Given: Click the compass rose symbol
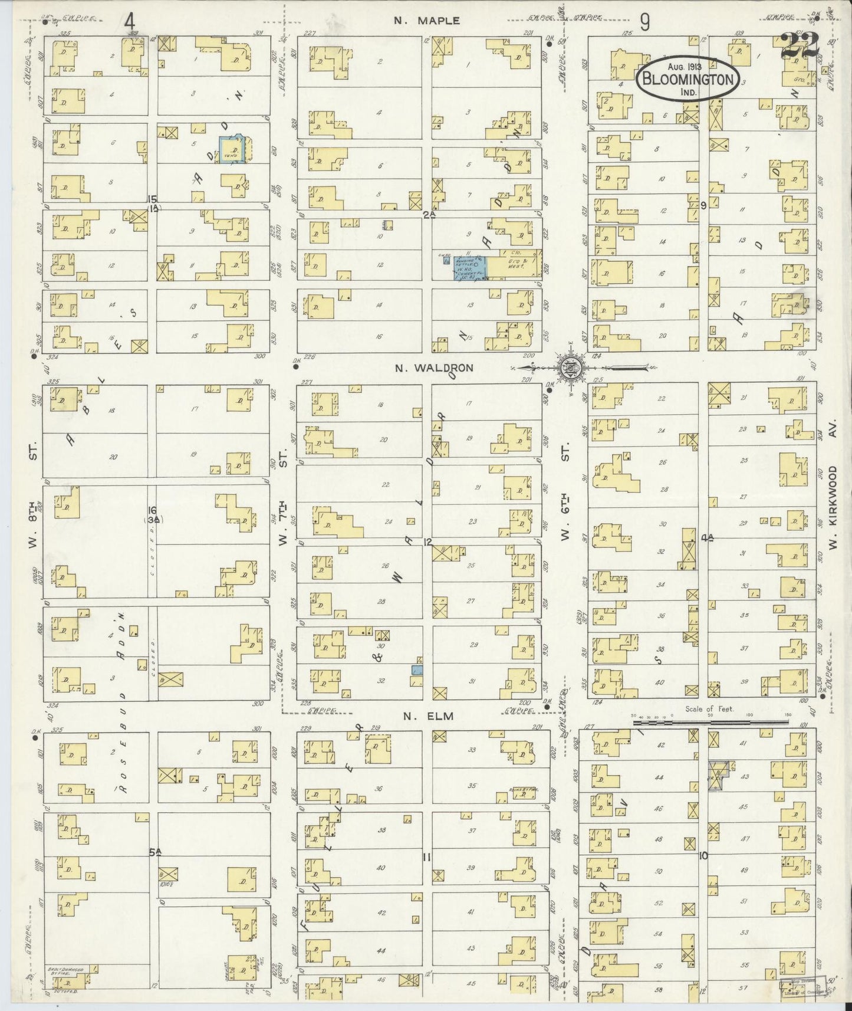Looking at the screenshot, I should pos(570,367).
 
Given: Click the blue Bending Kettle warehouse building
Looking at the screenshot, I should pos(470,268).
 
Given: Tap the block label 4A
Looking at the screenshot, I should pos(708,537).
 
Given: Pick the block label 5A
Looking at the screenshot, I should pos(154,852).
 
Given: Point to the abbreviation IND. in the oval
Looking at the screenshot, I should pos(687,93).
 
